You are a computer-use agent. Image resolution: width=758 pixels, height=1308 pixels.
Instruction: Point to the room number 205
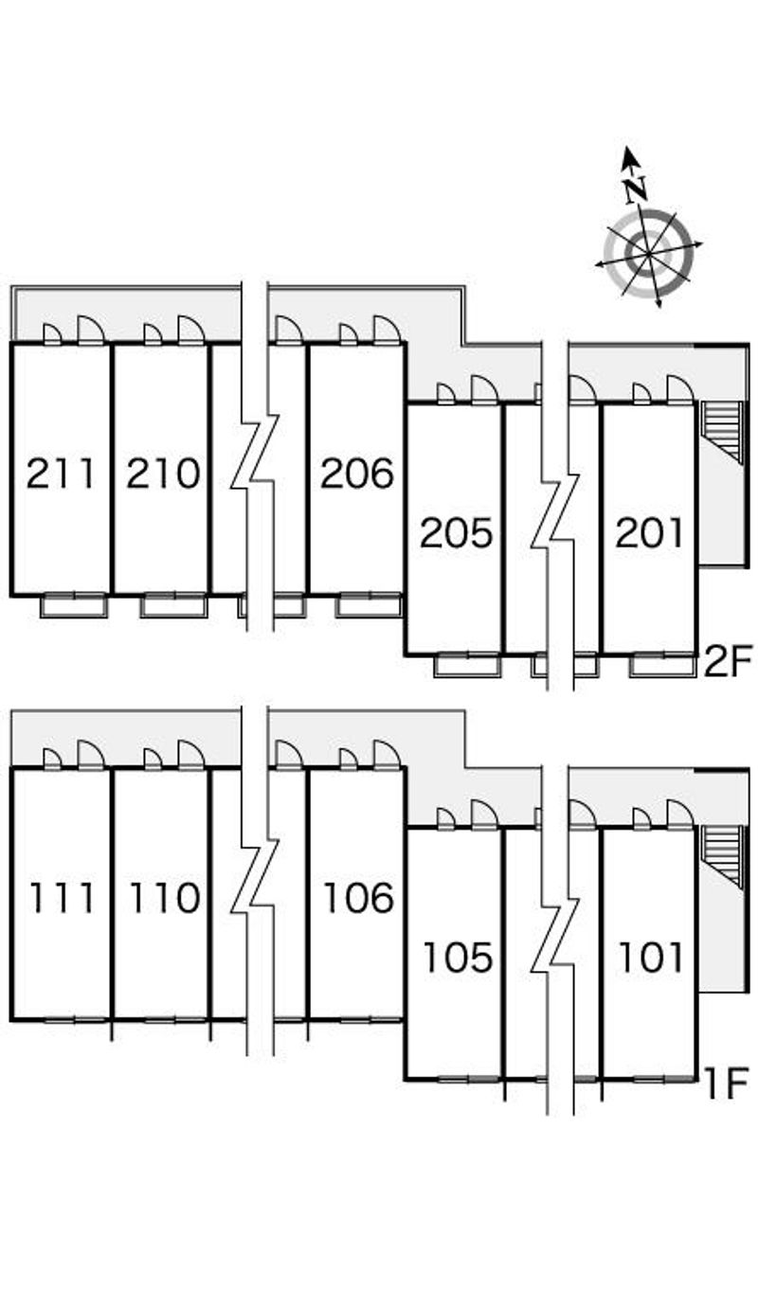coord(456,533)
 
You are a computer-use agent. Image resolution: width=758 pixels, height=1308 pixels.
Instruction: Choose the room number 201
coord(649,533)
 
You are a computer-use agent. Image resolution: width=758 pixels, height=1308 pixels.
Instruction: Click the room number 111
coord(62,898)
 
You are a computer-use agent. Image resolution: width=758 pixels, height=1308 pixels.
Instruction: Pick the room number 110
coord(165,898)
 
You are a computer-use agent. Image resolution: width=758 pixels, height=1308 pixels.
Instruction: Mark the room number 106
coord(358,898)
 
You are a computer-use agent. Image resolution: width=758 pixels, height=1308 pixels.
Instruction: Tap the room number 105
coord(458,959)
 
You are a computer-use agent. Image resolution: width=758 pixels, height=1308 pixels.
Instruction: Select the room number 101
coord(651,959)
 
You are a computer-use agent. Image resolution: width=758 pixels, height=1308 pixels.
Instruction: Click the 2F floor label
coord(726,660)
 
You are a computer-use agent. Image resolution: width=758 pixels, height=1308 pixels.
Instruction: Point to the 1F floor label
coord(727,1084)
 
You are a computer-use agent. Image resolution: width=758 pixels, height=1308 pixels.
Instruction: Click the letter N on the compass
coord(636,188)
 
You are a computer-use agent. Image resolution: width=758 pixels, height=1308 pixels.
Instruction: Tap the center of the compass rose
coord(648,254)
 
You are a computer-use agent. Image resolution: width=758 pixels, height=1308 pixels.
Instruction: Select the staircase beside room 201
coord(722,433)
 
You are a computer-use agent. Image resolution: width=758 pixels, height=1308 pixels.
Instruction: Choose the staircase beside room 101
coord(722,857)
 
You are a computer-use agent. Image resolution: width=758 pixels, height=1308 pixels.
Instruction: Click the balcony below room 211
coord(74,605)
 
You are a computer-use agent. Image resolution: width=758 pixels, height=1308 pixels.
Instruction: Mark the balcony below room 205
coord(467,666)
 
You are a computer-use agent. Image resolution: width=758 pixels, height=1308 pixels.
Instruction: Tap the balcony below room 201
coord(663,666)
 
